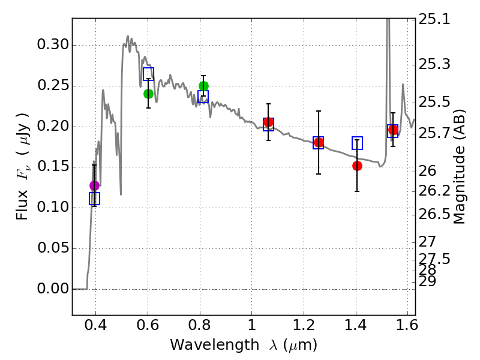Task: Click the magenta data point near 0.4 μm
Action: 94,185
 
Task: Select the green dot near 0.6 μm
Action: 148,94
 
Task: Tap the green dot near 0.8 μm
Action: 203,86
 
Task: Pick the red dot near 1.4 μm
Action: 357,166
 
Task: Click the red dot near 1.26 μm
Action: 319,142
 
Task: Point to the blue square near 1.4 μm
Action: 357,143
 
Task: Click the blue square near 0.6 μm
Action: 148,74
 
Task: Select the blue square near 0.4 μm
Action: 94,198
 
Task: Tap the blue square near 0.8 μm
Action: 203,97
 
